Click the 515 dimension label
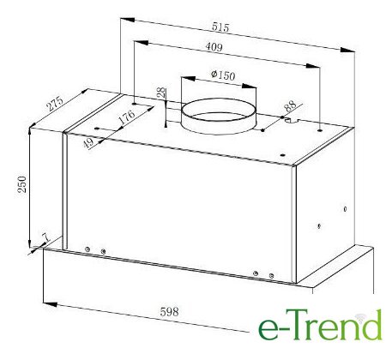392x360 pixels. click(x=220, y=27)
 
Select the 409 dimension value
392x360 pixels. click(x=214, y=46)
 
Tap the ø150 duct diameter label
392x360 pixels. click(x=223, y=75)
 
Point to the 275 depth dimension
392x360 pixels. click(x=55, y=104)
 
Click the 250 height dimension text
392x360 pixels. click(x=22, y=184)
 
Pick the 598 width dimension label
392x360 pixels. click(x=169, y=311)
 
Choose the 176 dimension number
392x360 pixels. click(x=127, y=117)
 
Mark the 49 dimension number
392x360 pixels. click(x=89, y=142)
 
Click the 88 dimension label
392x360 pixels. click(x=290, y=106)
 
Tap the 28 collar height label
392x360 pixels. click(x=161, y=93)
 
